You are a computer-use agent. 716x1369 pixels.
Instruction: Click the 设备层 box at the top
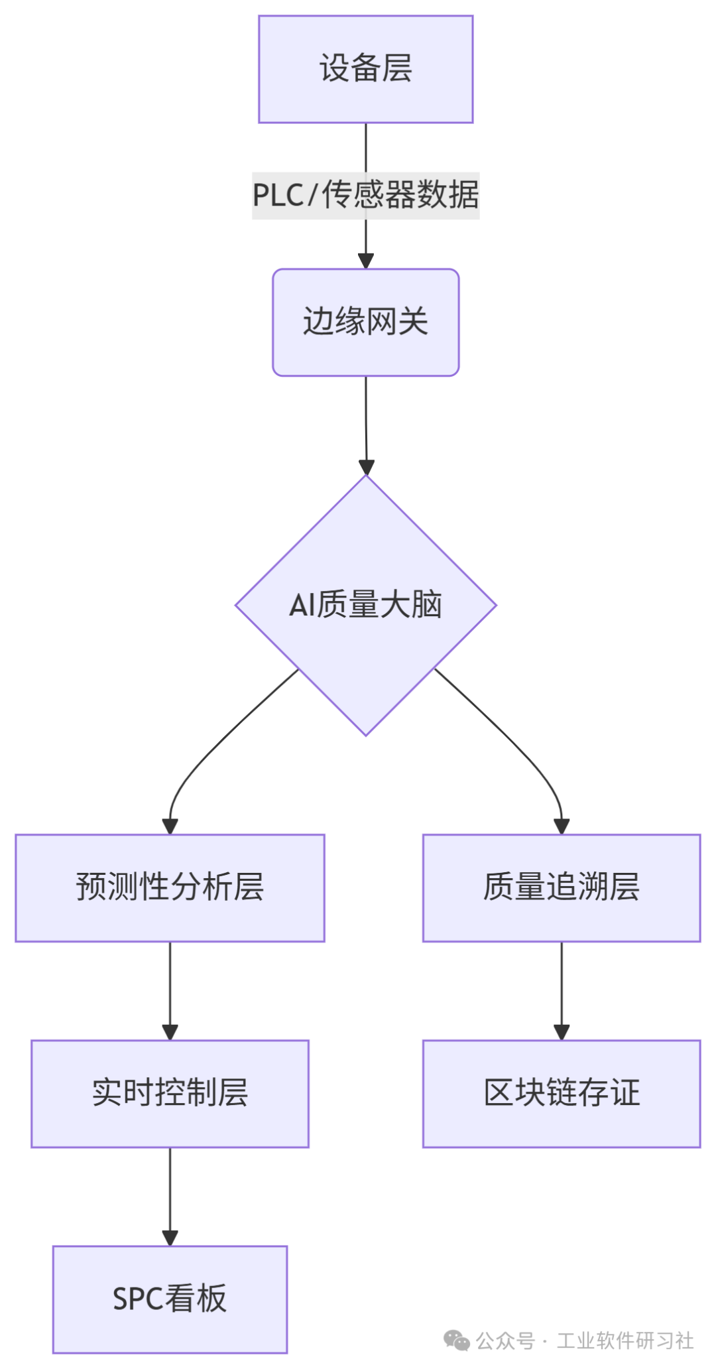[365, 69]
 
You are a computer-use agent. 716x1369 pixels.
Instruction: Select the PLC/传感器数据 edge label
[365, 195]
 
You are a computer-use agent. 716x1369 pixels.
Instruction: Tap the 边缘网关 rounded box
[365, 322]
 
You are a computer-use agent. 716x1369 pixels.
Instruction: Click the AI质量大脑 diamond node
[365, 605]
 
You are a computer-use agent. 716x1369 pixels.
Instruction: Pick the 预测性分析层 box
[170, 887]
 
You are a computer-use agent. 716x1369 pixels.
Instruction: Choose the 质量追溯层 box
[561, 887]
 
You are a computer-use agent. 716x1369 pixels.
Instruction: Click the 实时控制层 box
[170, 1093]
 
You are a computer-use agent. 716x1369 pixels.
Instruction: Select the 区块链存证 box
[561, 1093]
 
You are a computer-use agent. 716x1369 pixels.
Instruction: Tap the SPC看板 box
[170, 1299]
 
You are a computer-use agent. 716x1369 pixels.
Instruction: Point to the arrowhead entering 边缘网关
[365, 261]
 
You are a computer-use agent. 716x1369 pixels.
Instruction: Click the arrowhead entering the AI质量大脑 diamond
[366, 467]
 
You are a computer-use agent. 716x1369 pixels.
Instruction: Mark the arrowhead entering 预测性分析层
[170, 826]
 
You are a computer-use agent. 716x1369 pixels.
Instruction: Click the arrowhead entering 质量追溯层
[562, 826]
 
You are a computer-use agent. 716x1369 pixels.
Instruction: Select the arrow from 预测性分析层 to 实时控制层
[170, 988]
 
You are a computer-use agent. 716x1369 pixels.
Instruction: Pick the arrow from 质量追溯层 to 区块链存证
[562, 988]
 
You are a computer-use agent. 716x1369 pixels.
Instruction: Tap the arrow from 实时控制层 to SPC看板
[170, 1194]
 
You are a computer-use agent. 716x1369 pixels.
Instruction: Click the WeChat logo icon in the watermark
[457, 1340]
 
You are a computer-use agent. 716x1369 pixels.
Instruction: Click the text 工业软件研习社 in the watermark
[625, 1340]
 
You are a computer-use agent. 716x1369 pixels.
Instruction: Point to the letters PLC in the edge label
[277, 196]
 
